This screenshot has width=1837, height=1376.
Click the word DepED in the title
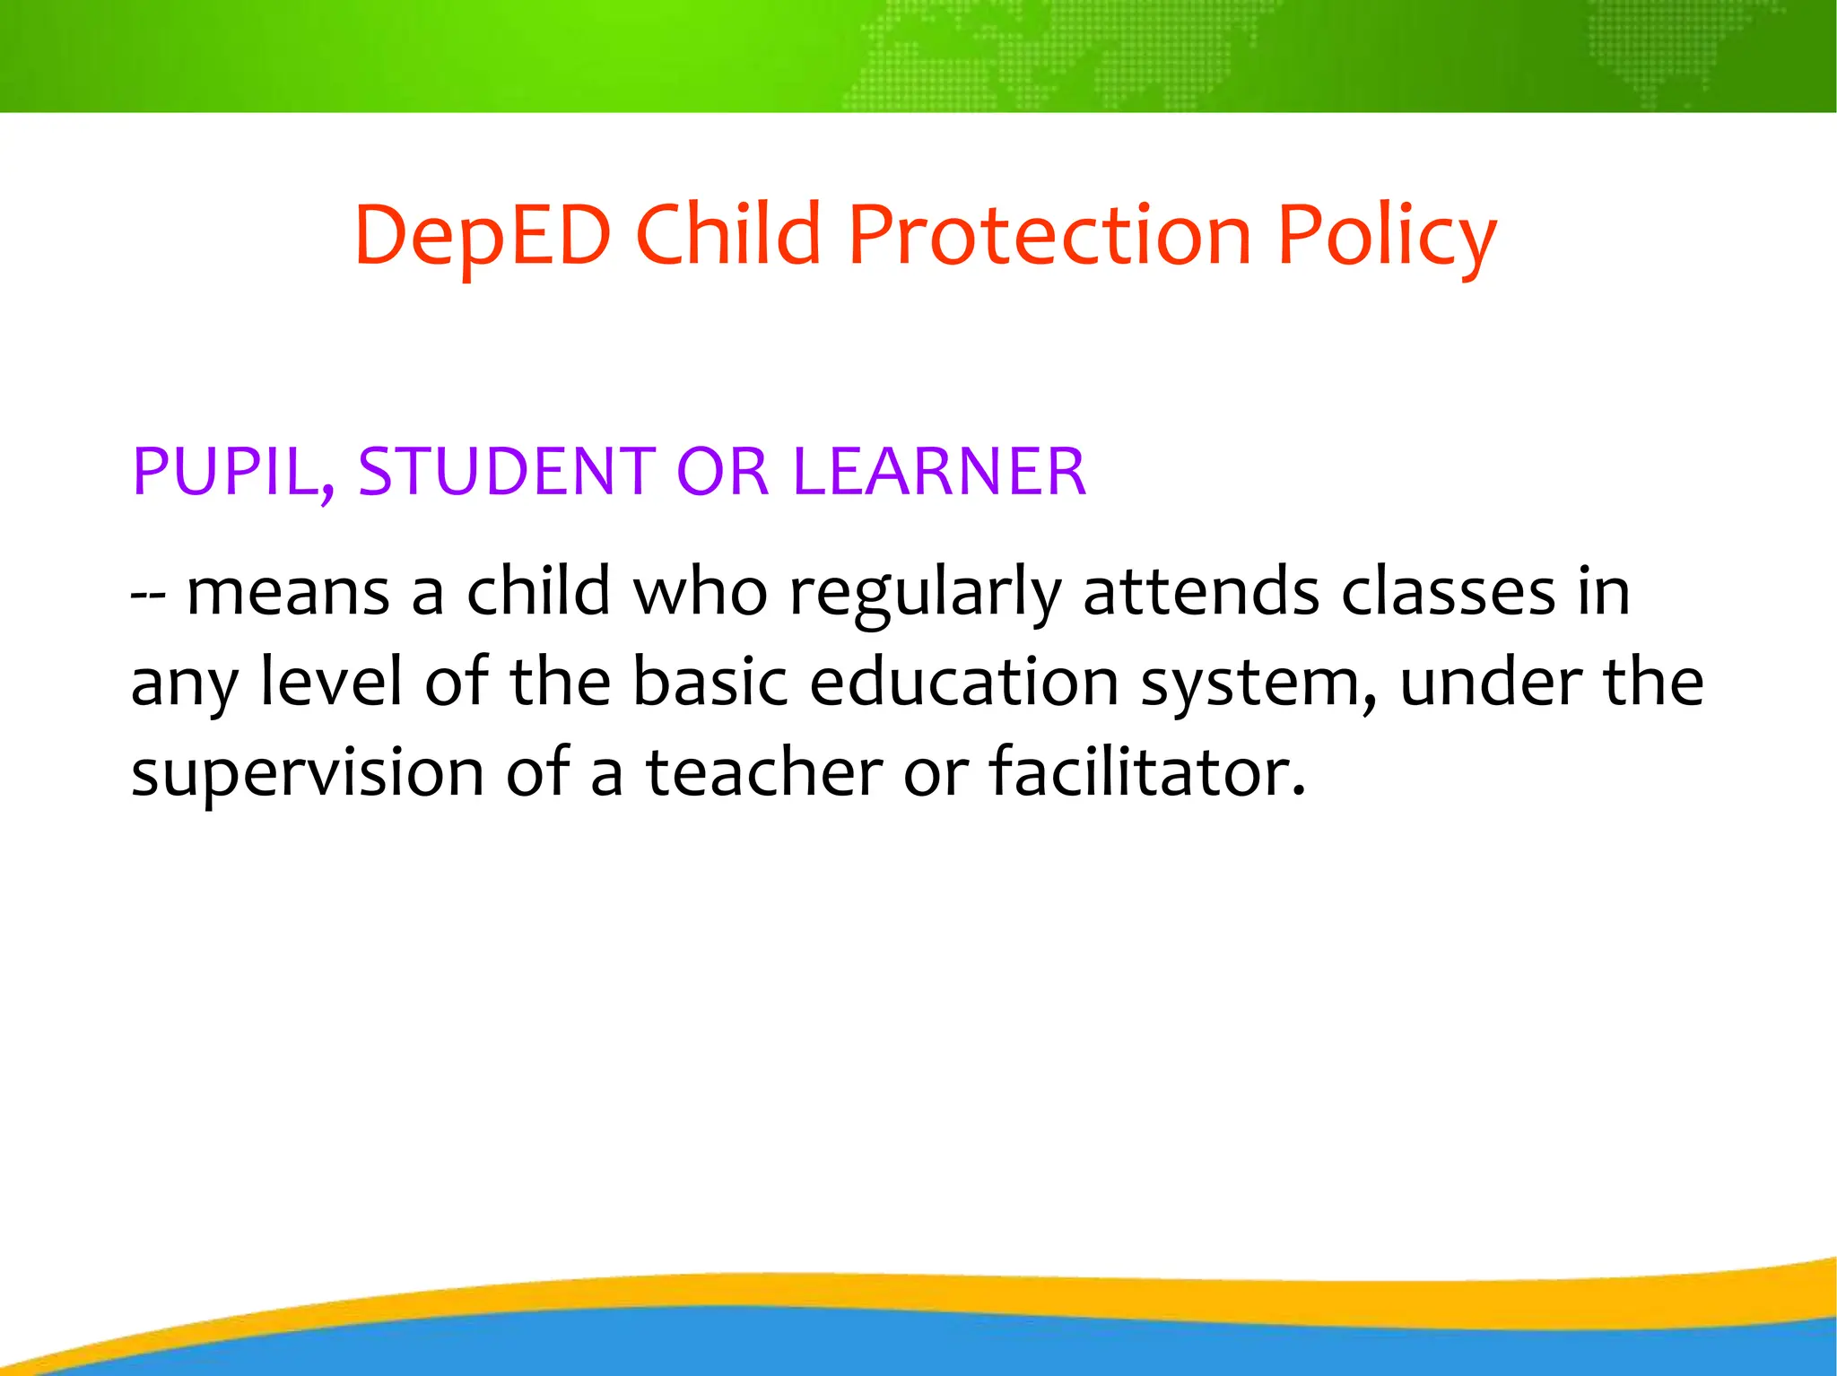(x=483, y=235)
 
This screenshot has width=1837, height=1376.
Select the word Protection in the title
(x=1049, y=235)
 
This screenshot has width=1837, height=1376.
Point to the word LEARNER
(x=939, y=472)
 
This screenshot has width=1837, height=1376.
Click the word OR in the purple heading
(x=722, y=472)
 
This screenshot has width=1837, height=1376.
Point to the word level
(x=331, y=682)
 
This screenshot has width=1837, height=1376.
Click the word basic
(x=710, y=682)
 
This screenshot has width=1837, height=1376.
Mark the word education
(x=964, y=682)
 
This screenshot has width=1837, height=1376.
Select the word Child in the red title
(x=727, y=235)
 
